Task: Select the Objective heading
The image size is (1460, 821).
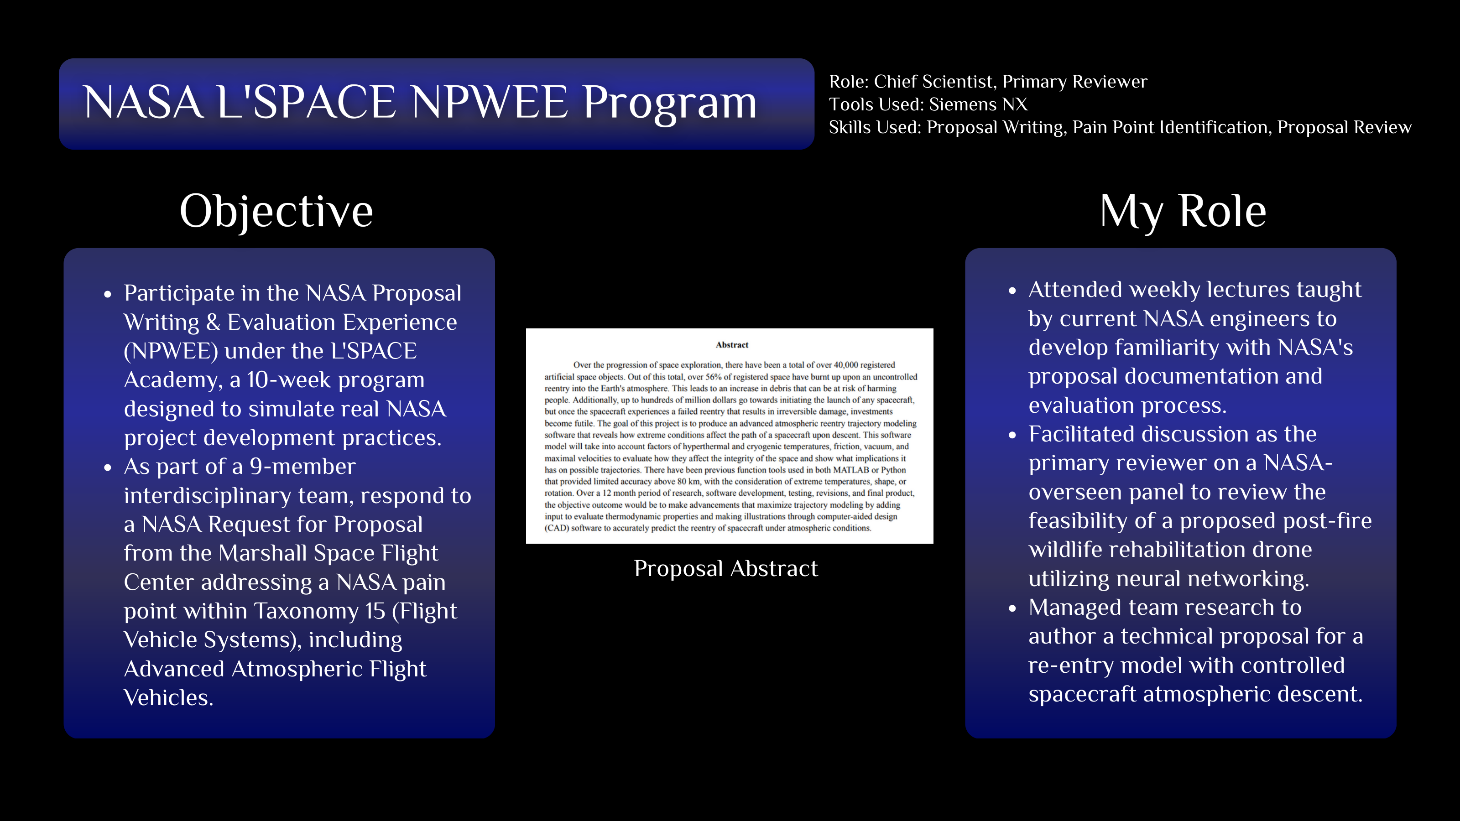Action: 276,211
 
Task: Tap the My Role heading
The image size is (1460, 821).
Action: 1183,211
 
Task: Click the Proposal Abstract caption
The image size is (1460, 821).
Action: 725,568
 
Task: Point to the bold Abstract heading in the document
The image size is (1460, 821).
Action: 732,344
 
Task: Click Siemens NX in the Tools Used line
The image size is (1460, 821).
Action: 978,104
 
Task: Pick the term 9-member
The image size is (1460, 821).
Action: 302,466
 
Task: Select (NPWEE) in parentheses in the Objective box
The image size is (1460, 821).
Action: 171,351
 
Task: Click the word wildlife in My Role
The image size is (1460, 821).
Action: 1057,550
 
